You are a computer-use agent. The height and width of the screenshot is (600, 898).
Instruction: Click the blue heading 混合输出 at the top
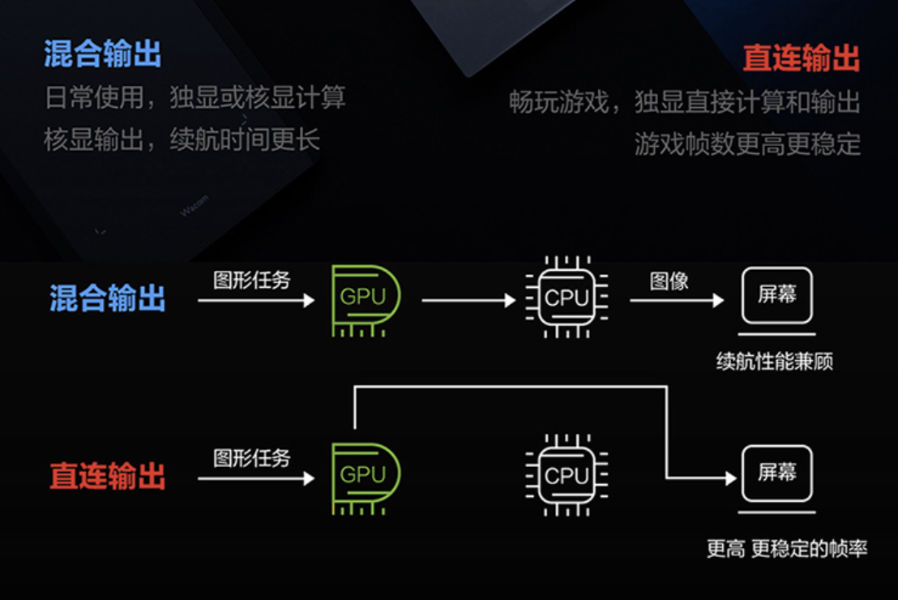coord(102,54)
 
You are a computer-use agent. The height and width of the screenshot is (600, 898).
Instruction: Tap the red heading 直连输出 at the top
coord(801,58)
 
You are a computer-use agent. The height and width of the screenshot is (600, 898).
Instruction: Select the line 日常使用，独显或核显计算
coord(195,98)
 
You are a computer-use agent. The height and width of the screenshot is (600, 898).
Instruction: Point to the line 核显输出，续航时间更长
coord(182,139)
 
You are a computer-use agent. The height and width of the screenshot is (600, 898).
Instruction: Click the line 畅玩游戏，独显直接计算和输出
coord(684,102)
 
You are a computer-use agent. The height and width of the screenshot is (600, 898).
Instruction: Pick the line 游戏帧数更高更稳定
coord(746,144)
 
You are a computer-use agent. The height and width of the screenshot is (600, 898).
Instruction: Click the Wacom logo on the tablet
coord(195,205)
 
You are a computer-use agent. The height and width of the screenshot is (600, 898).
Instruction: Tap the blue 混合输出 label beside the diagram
coord(107,298)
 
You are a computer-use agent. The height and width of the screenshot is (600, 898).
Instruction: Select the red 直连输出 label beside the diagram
coord(107,476)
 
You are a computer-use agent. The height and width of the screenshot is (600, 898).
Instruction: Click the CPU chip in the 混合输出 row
coord(567,298)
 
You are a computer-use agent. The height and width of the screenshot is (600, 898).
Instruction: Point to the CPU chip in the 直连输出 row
coord(567,476)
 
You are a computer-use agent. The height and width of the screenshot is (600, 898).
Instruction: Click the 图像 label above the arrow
coord(669,281)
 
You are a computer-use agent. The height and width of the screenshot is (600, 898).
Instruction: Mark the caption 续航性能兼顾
coord(774,361)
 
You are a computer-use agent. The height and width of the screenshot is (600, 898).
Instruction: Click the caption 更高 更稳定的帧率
coord(786,549)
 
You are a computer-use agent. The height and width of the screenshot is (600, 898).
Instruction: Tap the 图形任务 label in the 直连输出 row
coord(251,458)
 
